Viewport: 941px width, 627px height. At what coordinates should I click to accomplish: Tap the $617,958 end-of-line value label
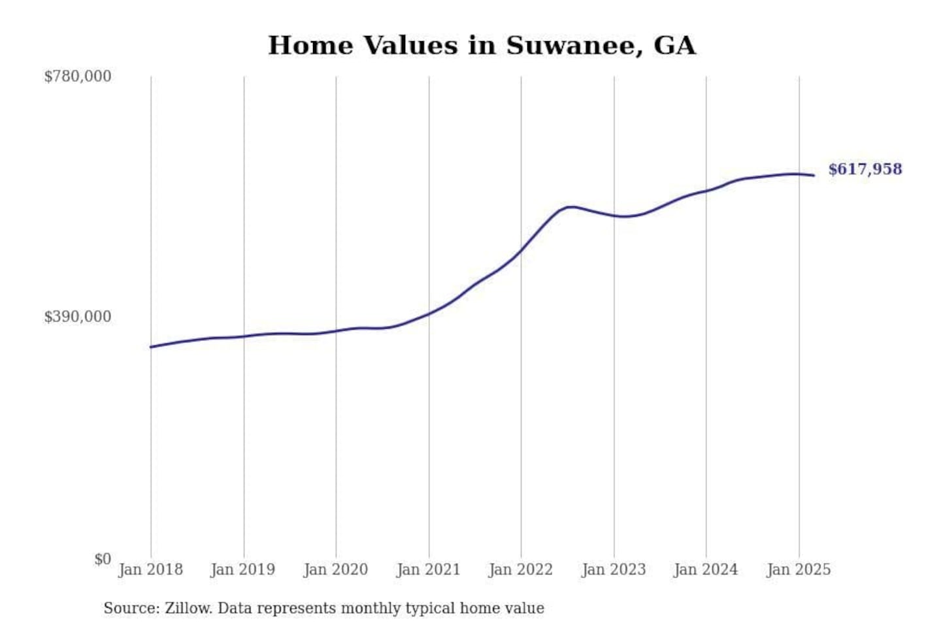[x=865, y=169]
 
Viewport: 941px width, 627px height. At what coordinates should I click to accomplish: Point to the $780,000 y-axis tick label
[x=78, y=76]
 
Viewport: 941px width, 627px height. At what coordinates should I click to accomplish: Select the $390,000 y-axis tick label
[x=78, y=317]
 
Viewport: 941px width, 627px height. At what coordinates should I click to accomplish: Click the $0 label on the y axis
[x=103, y=559]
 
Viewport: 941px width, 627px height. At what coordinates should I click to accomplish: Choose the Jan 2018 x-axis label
[x=151, y=570]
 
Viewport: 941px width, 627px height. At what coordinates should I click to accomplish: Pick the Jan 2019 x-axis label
[x=243, y=570]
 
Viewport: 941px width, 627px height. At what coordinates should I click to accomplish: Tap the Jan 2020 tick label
[x=336, y=570]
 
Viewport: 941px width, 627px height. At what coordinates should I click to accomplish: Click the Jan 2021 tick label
[x=429, y=570]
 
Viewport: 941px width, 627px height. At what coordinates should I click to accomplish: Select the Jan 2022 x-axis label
[x=521, y=570]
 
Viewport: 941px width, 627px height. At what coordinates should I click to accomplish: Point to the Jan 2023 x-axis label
[x=614, y=570]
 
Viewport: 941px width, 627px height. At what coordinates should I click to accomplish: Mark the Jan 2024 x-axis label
[x=706, y=570]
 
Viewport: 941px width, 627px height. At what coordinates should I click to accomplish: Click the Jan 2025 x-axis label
[x=799, y=570]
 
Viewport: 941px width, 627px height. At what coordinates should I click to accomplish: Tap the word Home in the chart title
[x=310, y=46]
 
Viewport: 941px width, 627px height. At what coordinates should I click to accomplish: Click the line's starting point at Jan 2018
[x=151, y=347]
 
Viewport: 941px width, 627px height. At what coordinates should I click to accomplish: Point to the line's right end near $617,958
[x=814, y=175]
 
